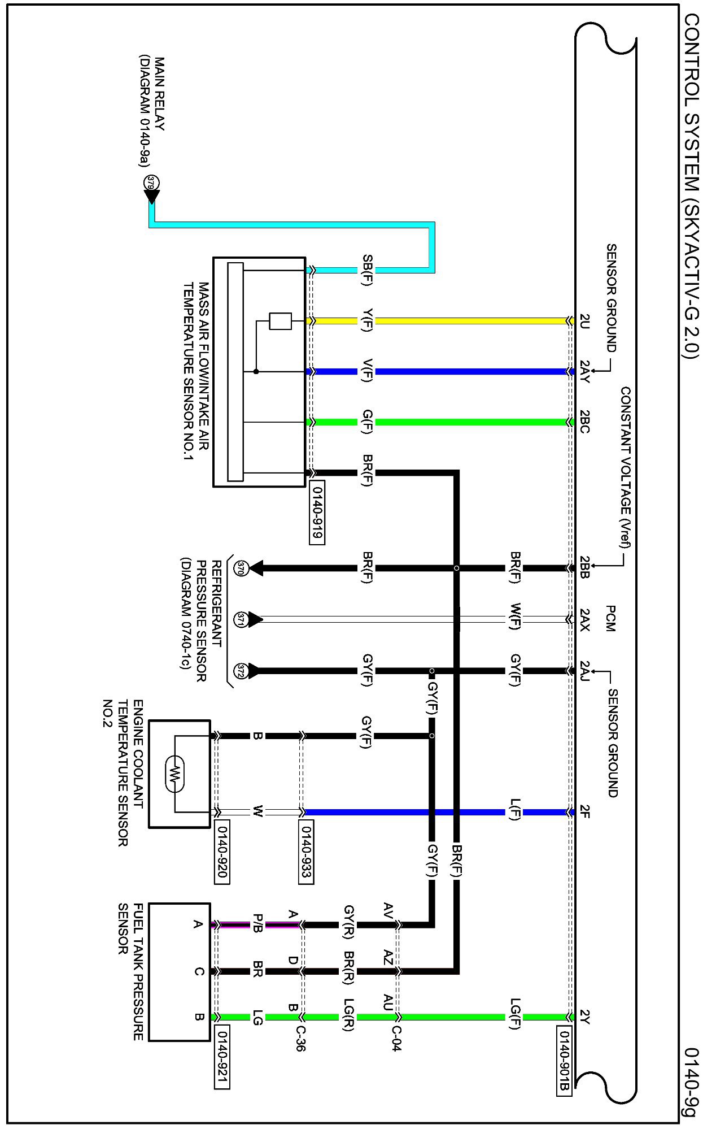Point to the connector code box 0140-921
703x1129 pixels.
tap(222, 1056)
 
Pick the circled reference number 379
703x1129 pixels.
tap(151, 182)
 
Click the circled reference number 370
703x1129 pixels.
tap(241, 568)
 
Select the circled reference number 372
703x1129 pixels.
tap(241, 671)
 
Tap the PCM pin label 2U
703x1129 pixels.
tap(584, 321)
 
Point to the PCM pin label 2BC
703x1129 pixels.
tap(584, 422)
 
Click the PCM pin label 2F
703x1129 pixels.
tap(584, 813)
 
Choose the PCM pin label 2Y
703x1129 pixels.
tap(584, 1017)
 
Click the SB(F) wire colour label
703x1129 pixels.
tap(367, 271)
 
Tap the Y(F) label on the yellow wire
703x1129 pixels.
tap(367, 321)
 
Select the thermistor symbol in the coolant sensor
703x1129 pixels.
tap(176, 772)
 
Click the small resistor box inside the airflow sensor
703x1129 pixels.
tap(280, 321)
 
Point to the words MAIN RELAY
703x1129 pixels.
tap(159, 94)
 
